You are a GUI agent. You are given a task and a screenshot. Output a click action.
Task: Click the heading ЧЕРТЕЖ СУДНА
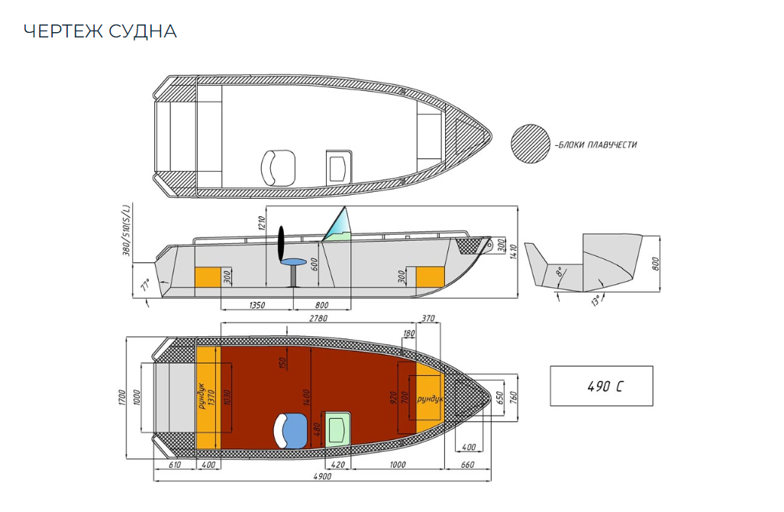pyautogui.click(x=100, y=31)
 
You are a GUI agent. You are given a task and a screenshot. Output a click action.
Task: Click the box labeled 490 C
pyautogui.click(x=602, y=386)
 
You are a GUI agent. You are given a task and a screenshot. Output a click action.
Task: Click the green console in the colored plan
pyautogui.click(x=336, y=429)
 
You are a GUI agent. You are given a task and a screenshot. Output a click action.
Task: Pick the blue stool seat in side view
pyautogui.click(x=293, y=263)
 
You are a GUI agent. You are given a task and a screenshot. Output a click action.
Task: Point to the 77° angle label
pyautogui.click(x=144, y=287)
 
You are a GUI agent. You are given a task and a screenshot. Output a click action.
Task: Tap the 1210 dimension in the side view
pyautogui.click(x=261, y=225)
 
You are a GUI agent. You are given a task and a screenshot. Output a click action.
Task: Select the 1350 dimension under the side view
pyautogui.click(x=256, y=305)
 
